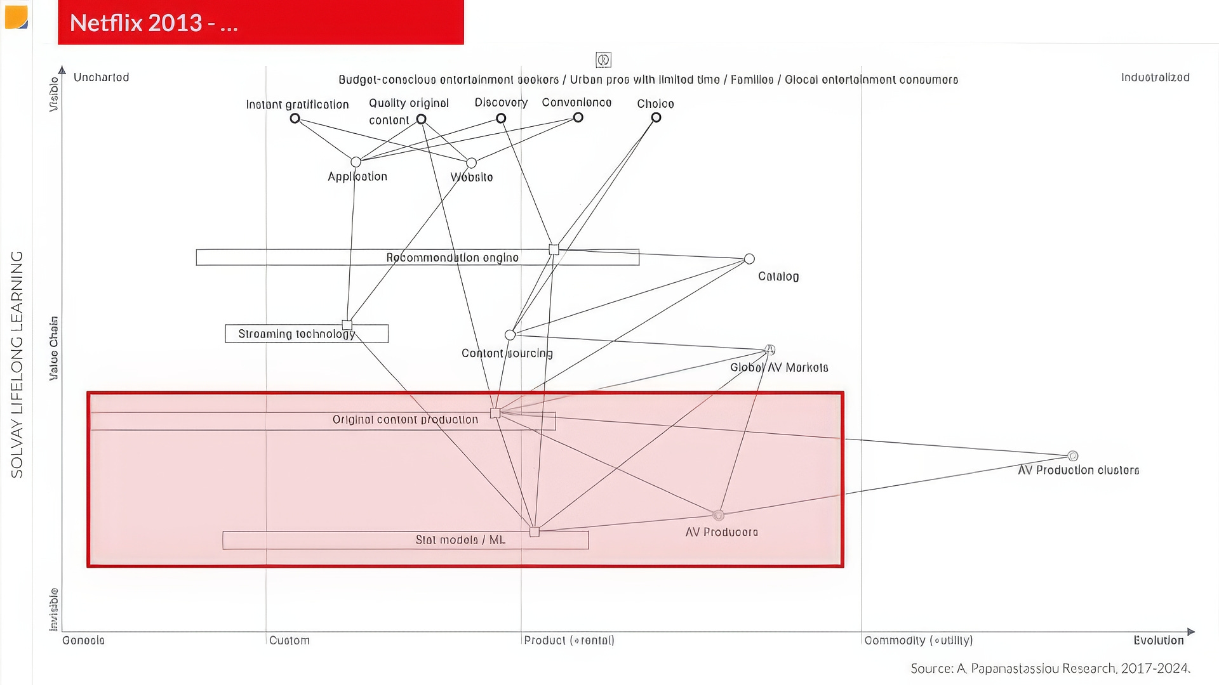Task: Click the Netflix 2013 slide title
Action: (154, 23)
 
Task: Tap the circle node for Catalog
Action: (749, 259)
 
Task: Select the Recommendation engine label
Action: (452, 258)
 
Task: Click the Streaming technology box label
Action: (296, 334)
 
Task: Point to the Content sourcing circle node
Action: (510, 335)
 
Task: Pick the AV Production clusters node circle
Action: (1073, 456)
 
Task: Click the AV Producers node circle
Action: (718, 515)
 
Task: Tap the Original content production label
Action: (405, 420)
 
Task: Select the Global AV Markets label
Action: (779, 368)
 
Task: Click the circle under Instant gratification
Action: (295, 119)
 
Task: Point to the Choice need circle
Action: (656, 118)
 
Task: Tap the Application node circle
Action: (356, 162)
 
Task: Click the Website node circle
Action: (471, 163)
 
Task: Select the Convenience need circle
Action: (578, 117)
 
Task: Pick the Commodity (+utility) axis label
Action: (918, 641)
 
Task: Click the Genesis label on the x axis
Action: (83, 641)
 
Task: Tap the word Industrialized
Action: (1155, 77)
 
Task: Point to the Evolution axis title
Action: (1158, 641)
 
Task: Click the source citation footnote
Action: (1050, 669)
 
